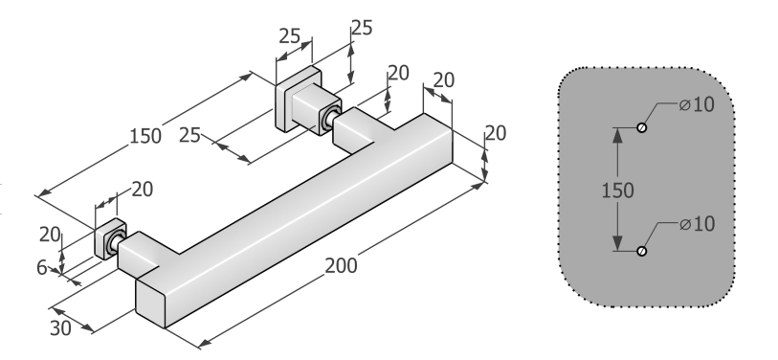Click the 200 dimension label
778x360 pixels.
(x=341, y=266)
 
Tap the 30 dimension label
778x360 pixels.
(x=60, y=327)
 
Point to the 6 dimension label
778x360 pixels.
(x=42, y=268)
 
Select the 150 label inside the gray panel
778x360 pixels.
(x=617, y=191)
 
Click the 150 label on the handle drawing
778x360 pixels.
(x=144, y=136)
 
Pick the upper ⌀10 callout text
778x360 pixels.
(x=697, y=104)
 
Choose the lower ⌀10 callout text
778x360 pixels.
(x=697, y=224)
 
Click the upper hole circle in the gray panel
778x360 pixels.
(x=641, y=127)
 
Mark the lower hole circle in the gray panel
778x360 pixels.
(x=641, y=251)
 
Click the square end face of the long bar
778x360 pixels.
(x=150, y=303)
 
